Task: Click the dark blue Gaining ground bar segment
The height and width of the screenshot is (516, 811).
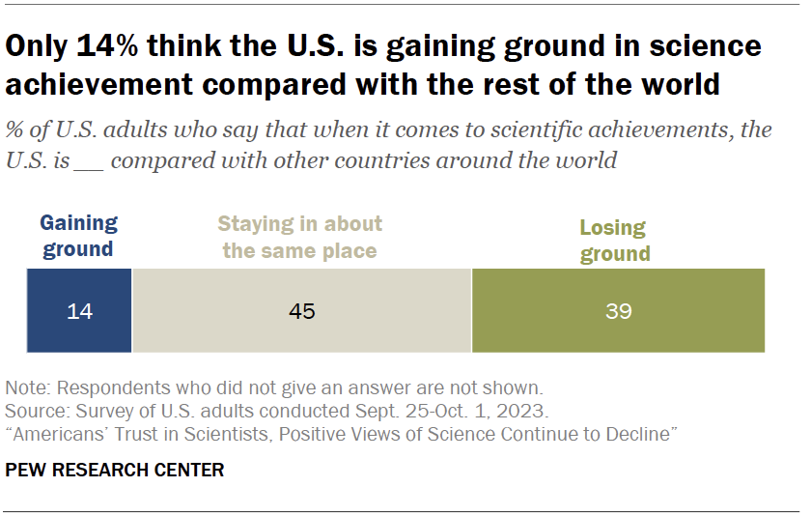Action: (78, 310)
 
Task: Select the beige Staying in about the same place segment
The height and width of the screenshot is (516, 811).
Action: (301, 310)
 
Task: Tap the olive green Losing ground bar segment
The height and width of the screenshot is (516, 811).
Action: (618, 310)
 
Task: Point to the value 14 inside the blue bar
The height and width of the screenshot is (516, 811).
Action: (78, 311)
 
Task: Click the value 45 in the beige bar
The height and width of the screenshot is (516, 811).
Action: (302, 311)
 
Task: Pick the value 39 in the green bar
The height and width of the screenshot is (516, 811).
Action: (618, 311)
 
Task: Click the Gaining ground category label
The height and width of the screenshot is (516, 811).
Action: (78, 236)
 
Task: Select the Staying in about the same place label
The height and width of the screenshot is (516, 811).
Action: (300, 238)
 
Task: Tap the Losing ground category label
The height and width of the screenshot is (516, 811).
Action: (612, 241)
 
